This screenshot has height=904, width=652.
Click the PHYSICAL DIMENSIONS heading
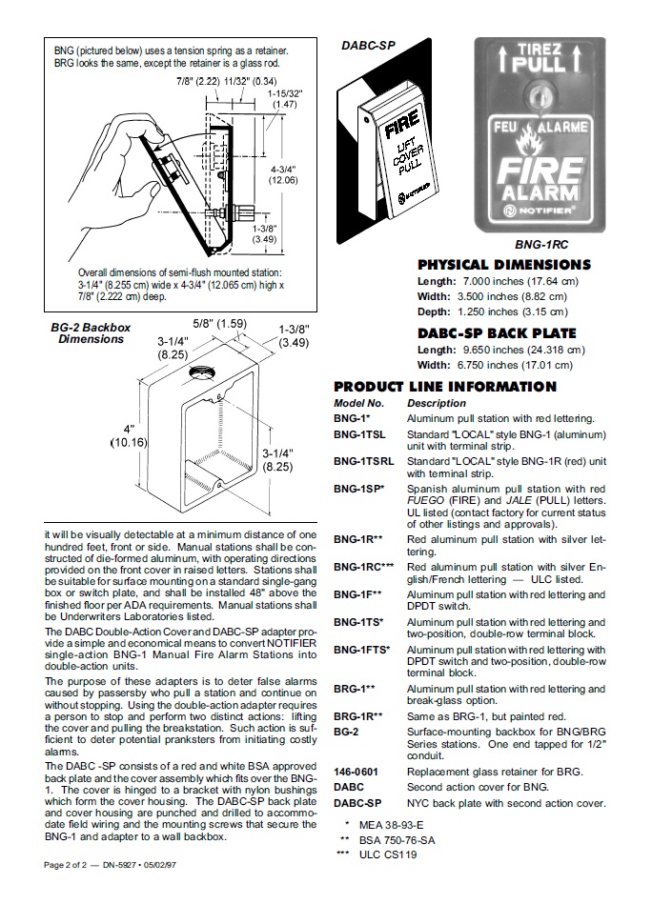click(503, 265)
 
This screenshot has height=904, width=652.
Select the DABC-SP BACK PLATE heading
click(497, 333)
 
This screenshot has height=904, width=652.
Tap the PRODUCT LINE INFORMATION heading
click(444, 387)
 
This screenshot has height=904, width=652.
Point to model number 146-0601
click(354, 772)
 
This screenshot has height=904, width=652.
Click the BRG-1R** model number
click(357, 715)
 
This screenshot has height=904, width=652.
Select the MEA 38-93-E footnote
click(390, 825)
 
